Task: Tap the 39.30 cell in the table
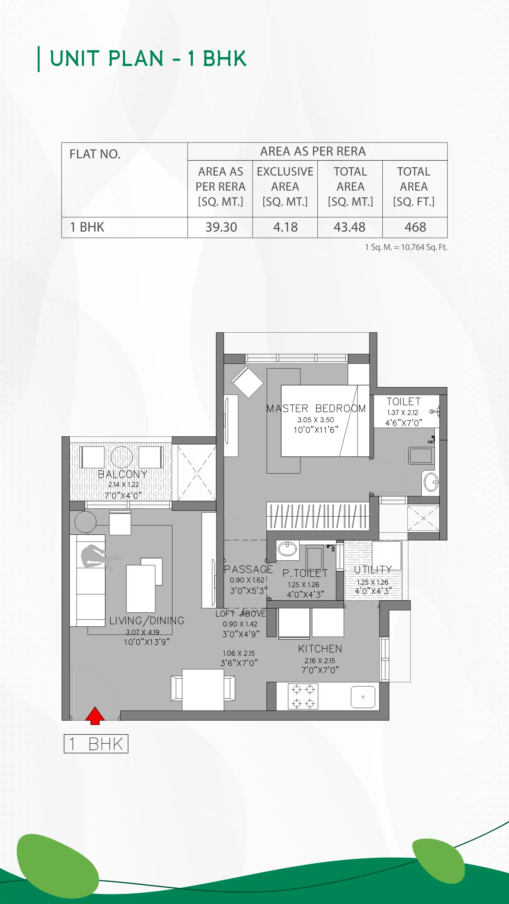pyautogui.click(x=221, y=227)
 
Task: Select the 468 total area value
pyautogui.click(x=415, y=227)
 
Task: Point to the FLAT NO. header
pyautogui.click(x=95, y=154)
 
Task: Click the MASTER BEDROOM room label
pyautogui.click(x=316, y=408)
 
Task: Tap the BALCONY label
pyautogui.click(x=123, y=474)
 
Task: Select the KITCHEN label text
pyautogui.click(x=320, y=649)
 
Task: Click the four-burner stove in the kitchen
pyautogui.click(x=303, y=696)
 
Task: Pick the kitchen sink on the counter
pyautogui.click(x=363, y=697)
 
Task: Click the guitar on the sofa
pyautogui.click(x=98, y=557)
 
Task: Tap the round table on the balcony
pyautogui.click(x=122, y=457)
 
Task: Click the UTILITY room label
pyautogui.click(x=373, y=570)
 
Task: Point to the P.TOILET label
pyautogui.click(x=305, y=573)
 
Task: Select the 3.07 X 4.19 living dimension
pyautogui.click(x=142, y=632)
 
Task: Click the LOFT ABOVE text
pyautogui.click(x=241, y=614)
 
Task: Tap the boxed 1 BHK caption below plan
pyautogui.click(x=96, y=744)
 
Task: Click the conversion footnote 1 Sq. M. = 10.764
pyautogui.click(x=406, y=247)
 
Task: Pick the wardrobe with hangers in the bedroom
pyautogui.click(x=318, y=516)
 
